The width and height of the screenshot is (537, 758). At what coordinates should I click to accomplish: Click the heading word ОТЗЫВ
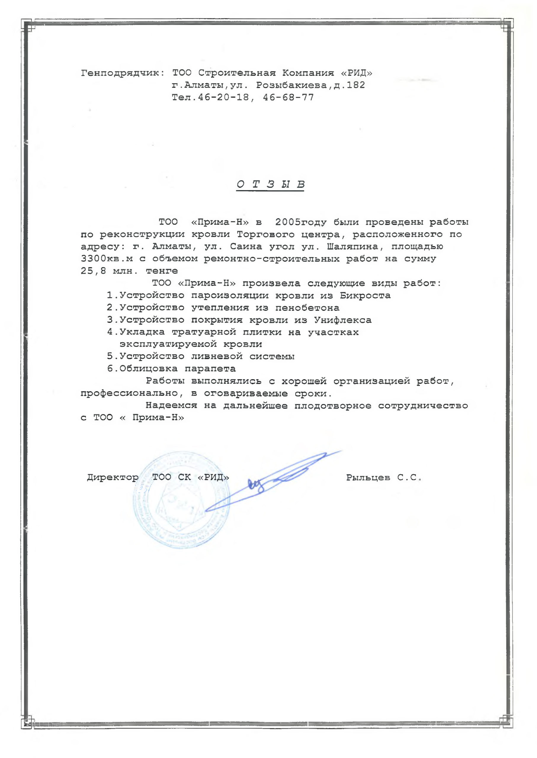click(270, 184)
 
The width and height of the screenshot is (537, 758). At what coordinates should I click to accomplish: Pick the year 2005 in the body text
click(288, 222)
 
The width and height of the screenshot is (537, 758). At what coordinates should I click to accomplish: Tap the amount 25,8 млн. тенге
click(129, 271)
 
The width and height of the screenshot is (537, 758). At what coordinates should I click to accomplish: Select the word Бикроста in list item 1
click(365, 296)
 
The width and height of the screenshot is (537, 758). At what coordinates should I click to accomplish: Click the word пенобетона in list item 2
click(307, 308)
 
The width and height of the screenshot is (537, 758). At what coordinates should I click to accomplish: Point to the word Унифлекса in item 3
click(343, 320)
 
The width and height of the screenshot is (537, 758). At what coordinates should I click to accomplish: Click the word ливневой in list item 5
click(217, 356)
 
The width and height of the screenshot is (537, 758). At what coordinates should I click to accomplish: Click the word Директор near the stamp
click(113, 478)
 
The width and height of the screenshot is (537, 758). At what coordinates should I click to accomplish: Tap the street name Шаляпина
click(352, 247)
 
